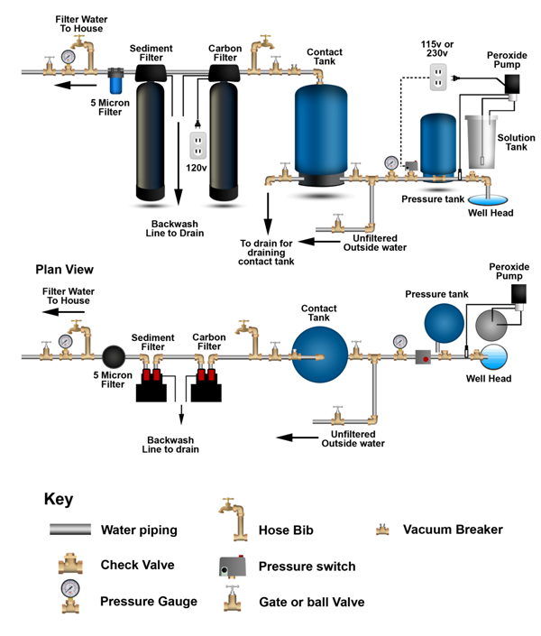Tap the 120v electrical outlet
[197, 145]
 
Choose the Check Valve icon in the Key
[68, 565]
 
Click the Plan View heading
[64, 269]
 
